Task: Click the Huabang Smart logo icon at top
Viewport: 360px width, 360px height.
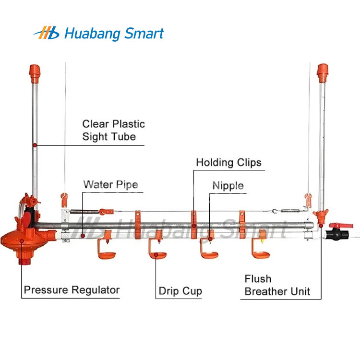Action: coord(47,33)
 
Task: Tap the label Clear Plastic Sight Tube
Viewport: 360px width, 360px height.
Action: coord(113,130)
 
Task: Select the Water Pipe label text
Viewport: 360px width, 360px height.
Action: coord(111,185)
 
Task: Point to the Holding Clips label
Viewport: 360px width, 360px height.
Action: coord(228,163)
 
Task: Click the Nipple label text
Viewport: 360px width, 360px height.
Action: coord(228,186)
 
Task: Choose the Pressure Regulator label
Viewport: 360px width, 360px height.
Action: coord(72,290)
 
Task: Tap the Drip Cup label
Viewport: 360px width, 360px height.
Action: coord(180,291)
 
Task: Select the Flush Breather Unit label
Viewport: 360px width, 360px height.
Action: coord(277,285)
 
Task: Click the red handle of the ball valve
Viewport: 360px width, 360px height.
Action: coord(341,225)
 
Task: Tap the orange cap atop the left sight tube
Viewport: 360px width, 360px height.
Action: coord(35,73)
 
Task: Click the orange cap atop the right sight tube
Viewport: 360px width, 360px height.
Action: coord(323,73)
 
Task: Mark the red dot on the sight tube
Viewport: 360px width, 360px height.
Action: coord(35,145)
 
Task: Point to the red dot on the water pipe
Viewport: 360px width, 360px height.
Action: coord(83,236)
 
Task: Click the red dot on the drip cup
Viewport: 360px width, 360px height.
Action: coord(156,254)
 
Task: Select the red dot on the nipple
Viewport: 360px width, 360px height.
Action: coord(210,239)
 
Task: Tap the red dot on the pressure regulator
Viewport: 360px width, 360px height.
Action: coord(22,241)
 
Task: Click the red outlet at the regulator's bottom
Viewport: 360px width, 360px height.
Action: coord(24,261)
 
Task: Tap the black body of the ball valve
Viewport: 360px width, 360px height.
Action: coord(337,234)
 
